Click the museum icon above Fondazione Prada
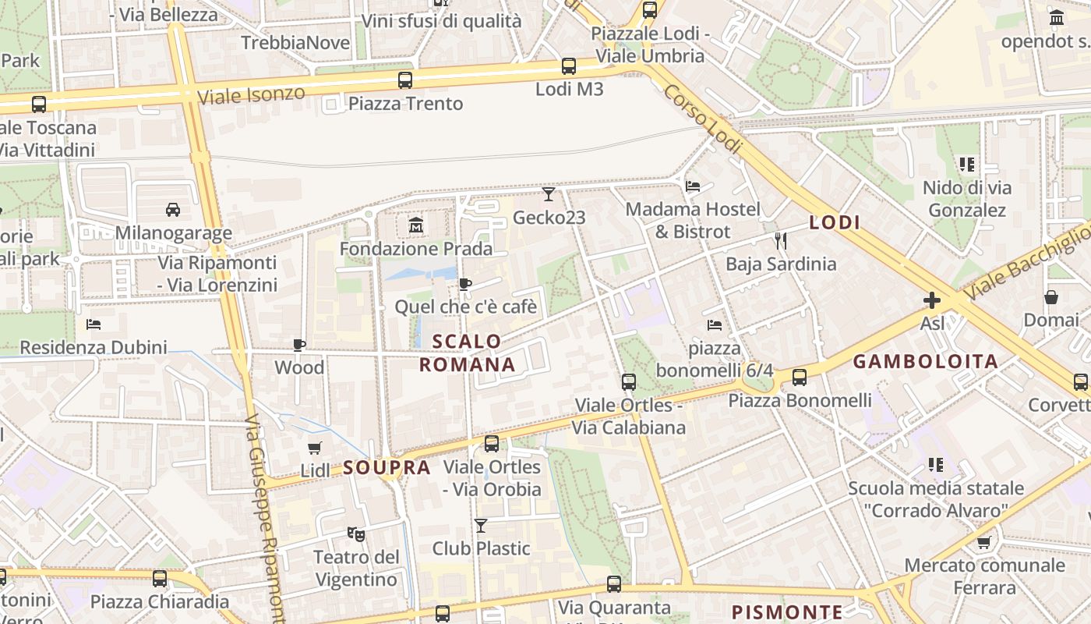tap(415, 226)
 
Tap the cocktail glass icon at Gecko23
tap(549, 194)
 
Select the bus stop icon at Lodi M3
tap(569, 66)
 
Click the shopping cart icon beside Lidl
tap(315, 448)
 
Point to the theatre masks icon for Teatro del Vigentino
tap(356, 534)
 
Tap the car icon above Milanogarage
tap(173, 209)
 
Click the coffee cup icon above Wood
tap(299, 345)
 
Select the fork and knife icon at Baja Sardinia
tap(780, 240)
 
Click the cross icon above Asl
tap(932, 300)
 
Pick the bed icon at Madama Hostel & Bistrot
tap(693, 186)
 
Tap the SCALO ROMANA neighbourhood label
tap(467, 353)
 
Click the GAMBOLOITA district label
tap(925, 361)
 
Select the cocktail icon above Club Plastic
tap(481, 526)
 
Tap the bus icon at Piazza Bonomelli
tap(800, 378)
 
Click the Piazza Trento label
tap(405, 104)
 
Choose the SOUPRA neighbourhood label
tap(387, 468)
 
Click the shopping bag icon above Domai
tap(1051, 297)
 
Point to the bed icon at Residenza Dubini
tap(94, 324)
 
